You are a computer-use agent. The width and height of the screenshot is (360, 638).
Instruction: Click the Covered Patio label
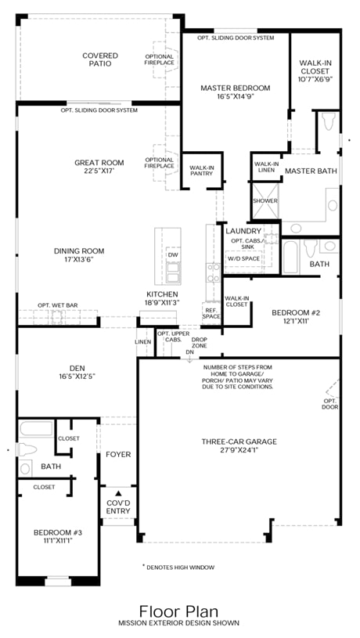(100, 59)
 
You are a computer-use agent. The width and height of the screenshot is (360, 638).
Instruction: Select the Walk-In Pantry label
(202, 171)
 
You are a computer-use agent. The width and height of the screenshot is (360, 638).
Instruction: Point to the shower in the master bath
(265, 201)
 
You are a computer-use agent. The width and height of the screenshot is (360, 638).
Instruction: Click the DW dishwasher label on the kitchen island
(173, 254)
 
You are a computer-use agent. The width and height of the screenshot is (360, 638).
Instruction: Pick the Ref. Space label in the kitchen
(211, 313)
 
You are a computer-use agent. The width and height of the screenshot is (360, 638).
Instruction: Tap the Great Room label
(99, 163)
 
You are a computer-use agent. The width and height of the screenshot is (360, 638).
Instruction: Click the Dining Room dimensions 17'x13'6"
(79, 259)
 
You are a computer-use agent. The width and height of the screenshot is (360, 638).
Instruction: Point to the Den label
(77, 369)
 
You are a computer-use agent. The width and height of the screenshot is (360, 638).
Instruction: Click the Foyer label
(118, 455)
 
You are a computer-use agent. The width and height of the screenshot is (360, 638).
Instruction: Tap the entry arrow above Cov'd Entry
(118, 492)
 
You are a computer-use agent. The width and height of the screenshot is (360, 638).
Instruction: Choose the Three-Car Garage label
(239, 442)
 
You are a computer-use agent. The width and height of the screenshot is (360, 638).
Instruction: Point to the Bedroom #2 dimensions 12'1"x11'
(296, 321)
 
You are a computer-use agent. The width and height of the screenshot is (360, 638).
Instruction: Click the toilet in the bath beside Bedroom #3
(27, 449)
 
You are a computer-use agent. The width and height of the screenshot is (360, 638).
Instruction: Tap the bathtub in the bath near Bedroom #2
(290, 257)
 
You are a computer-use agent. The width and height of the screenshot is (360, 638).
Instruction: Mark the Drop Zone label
(200, 343)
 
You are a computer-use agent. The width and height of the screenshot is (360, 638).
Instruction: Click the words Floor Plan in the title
(178, 611)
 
